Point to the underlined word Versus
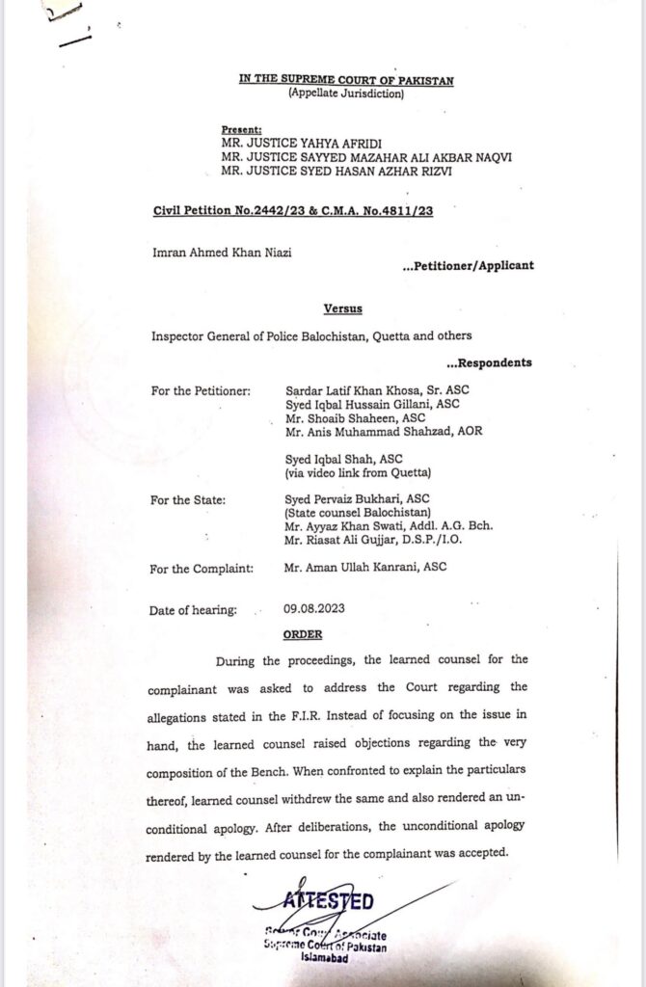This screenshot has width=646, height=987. coord(342,308)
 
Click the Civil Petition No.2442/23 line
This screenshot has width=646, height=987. coord(291,211)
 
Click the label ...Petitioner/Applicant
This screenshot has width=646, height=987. coord(467,263)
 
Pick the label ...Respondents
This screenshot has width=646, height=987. coord(488,363)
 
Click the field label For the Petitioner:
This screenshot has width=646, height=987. coord(201,391)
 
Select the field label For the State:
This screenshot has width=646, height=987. coord(188,501)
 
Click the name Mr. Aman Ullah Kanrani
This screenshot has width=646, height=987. coord(352,568)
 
